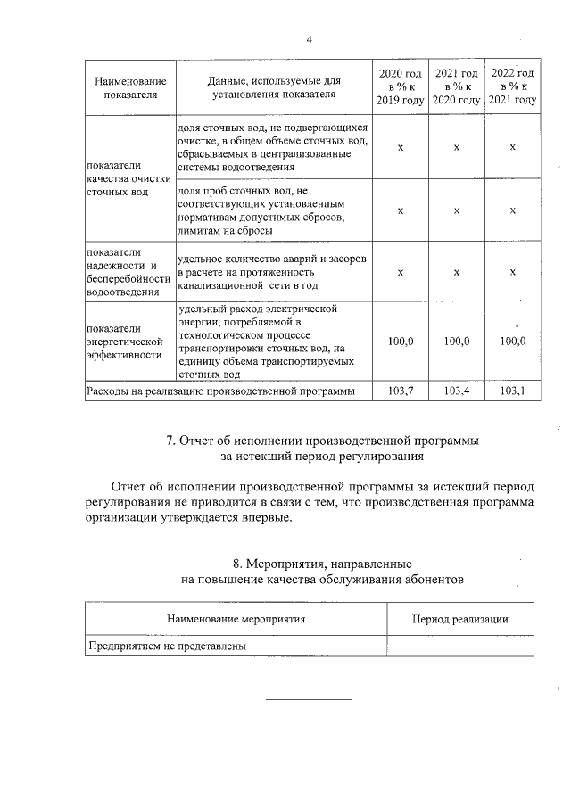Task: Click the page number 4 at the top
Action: [x=309, y=39]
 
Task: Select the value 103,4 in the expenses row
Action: [x=456, y=391]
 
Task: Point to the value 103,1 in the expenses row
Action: [x=513, y=391]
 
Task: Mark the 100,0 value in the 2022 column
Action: [x=513, y=341]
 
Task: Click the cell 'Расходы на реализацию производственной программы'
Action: [x=219, y=391]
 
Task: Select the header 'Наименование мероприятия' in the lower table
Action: [x=236, y=619]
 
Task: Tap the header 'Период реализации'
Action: [x=459, y=619]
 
